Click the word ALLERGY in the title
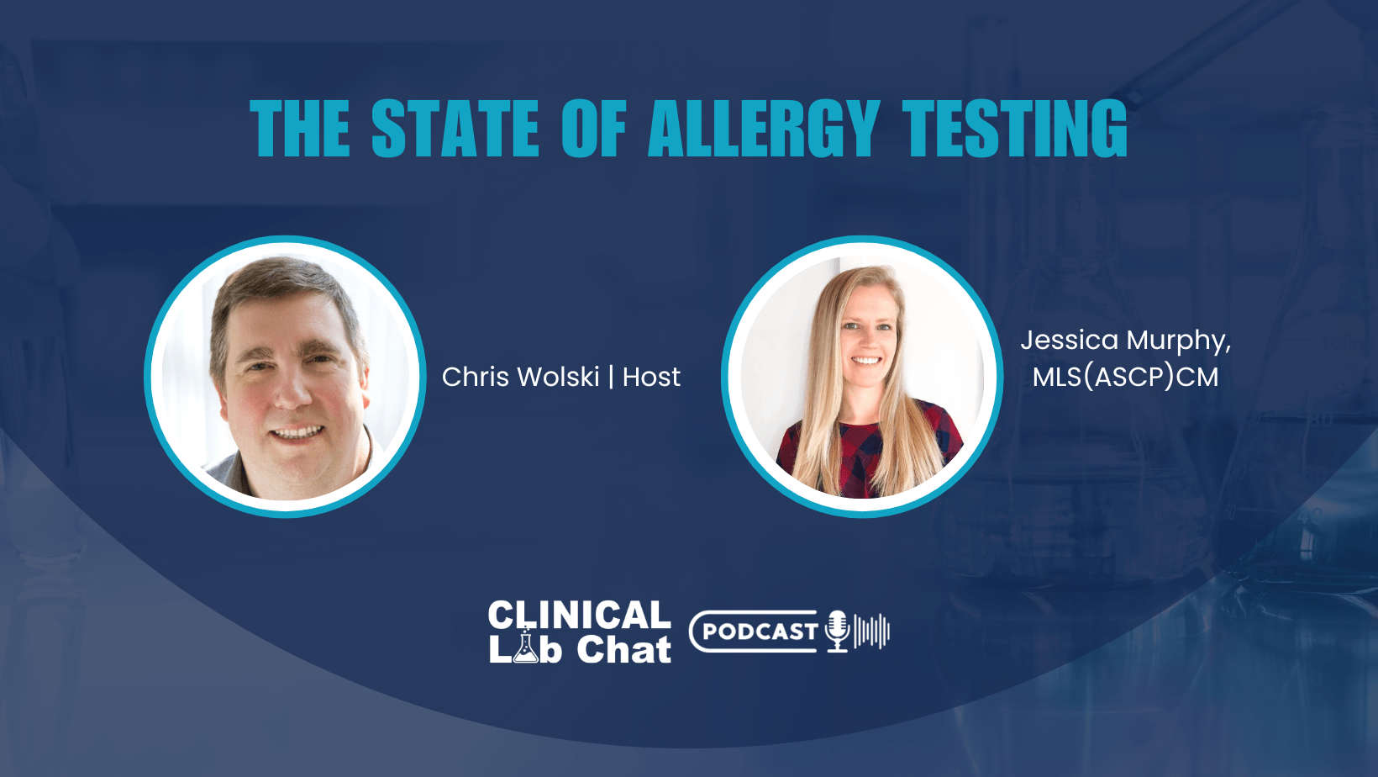coord(763,129)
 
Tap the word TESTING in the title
coord(1015,129)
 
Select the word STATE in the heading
coord(455,129)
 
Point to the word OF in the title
coord(594,129)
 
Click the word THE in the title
coord(300,129)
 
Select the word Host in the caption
coord(651,377)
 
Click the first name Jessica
coord(1070,341)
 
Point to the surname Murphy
coord(1177,341)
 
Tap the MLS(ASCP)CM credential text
coord(1125,378)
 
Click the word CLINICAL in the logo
coord(579,616)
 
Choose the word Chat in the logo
coord(623,650)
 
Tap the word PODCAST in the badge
coord(760,632)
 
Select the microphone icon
coord(837,631)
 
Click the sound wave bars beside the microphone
coord(872,631)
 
